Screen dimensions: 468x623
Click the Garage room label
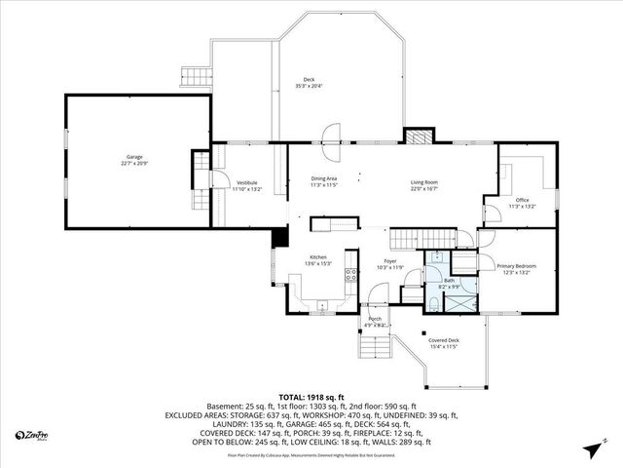pyautogui.click(x=135, y=156)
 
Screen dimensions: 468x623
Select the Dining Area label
pyautogui.click(x=323, y=178)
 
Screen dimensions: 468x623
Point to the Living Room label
pyautogui.click(x=423, y=180)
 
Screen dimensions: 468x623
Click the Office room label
pyautogui.click(x=523, y=200)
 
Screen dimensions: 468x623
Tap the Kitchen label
pyautogui.click(x=318, y=257)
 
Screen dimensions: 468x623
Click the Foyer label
pyautogui.click(x=389, y=261)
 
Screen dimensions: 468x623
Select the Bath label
pyautogui.click(x=450, y=280)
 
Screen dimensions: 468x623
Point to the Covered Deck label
pyautogui.click(x=444, y=340)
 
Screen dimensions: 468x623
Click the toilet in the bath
pyautogui.click(x=431, y=304)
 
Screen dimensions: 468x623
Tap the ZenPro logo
pyautogui.click(x=33, y=435)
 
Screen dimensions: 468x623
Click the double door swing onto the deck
pyautogui.click(x=331, y=134)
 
